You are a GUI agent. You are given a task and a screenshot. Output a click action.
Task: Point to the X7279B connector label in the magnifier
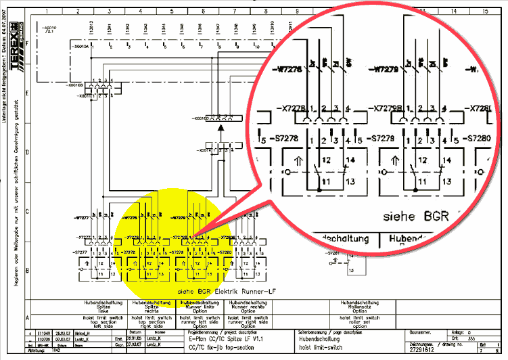tap(389, 108)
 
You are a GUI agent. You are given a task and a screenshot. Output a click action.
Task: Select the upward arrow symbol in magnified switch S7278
tap(300, 161)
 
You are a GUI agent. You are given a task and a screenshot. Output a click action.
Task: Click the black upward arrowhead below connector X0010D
tap(220, 127)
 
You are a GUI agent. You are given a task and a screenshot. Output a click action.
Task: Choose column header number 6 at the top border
tap(204, 12)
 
